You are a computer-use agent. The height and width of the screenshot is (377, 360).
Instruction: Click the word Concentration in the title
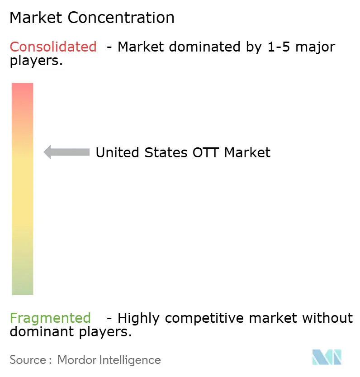121,18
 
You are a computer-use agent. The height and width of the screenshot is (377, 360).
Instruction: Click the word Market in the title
36,18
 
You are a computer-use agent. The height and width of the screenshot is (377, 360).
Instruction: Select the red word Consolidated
53,47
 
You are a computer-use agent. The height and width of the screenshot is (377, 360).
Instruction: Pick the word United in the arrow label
117,152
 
